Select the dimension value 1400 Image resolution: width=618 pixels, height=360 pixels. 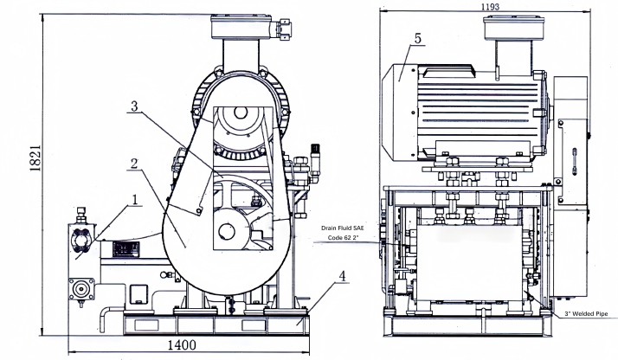tap(181, 344)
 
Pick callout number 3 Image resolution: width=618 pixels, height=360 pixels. tap(133, 107)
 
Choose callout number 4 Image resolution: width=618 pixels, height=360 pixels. tap(344, 277)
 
